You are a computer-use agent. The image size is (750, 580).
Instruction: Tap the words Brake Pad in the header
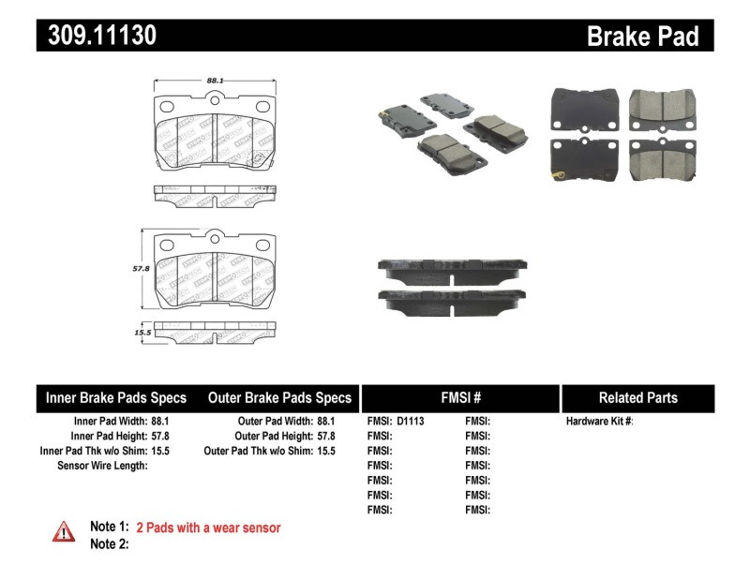(642, 36)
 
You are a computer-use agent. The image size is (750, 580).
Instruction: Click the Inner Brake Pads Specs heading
(116, 397)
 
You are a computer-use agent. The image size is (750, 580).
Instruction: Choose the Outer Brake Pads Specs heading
(279, 397)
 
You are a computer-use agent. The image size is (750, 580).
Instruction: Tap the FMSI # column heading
(459, 397)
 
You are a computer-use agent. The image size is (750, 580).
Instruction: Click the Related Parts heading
(637, 397)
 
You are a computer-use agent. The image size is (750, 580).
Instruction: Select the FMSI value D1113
(411, 422)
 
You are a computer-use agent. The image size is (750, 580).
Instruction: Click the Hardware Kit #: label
(599, 422)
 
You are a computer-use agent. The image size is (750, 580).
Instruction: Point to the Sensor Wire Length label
(102, 466)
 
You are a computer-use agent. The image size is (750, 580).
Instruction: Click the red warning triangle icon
(63, 531)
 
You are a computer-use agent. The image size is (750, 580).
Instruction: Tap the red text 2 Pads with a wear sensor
(208, 528)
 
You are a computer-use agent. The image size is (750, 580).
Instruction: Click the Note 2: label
(109, 543)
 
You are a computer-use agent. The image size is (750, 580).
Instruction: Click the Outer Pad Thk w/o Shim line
(269, 451)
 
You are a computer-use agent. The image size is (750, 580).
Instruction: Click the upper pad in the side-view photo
(452, 267)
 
